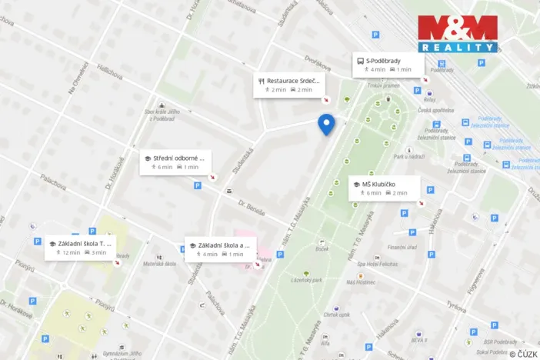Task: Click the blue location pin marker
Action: click(327, 124)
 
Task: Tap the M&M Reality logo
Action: click(457, 33)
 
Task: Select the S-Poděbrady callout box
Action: click(388, 65)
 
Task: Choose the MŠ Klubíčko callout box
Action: click(385, 188)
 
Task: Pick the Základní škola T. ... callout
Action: click(80, 247)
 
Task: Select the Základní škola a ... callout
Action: click(220, 248)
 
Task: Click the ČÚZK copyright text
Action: click(524, 353)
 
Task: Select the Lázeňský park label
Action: click(305, 281)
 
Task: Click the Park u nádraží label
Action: click(409, 157)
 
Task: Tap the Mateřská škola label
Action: click(160, 264)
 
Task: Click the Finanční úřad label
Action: click(402, 247)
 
